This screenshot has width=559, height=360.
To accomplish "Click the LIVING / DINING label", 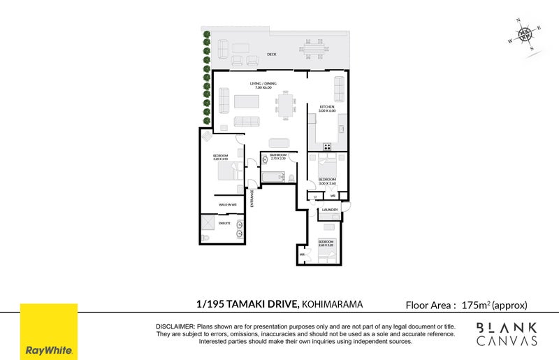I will pyautogui.click(x=263, y=84).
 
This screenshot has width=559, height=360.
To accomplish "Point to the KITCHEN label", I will pyautogui.click(x=328, y=107).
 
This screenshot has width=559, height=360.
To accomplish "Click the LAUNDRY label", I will pyautogui.click(x=330, y=209).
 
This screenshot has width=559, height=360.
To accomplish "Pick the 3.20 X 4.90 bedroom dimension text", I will pyautogui.click(x=222, y=159).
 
